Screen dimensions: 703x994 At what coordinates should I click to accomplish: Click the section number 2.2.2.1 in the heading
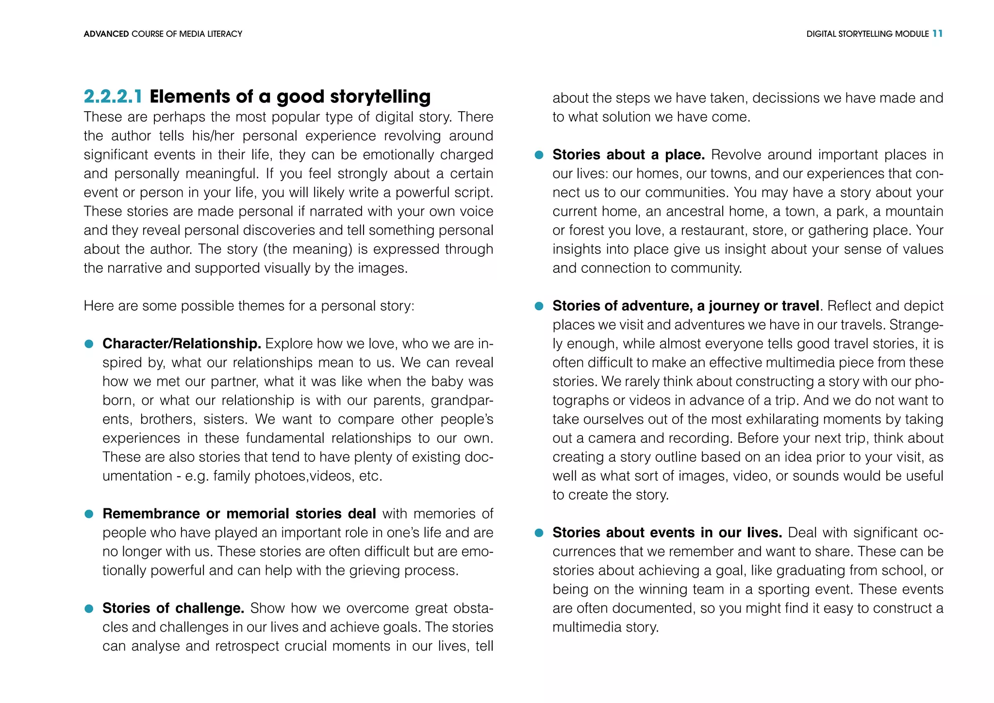[113, 97]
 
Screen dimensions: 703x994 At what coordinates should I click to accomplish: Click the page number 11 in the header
[937, 33]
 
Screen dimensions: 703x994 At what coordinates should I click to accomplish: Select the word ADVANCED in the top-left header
[106, 34]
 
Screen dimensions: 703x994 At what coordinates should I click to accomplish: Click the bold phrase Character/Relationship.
[182, 344]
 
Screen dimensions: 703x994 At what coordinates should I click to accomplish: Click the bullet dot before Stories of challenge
[89, 609]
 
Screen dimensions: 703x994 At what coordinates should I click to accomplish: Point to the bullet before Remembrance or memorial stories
[89, 514]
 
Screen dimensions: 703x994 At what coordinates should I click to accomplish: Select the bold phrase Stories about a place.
[628, 155]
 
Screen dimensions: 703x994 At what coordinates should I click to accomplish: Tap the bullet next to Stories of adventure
[539, 306]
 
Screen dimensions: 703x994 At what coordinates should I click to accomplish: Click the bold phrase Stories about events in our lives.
[667, 533]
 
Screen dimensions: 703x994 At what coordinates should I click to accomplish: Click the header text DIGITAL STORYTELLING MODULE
[867, 34]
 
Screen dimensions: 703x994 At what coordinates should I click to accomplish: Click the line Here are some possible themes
[248, 306]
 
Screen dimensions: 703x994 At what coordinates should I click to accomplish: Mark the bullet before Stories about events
[539, 533]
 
